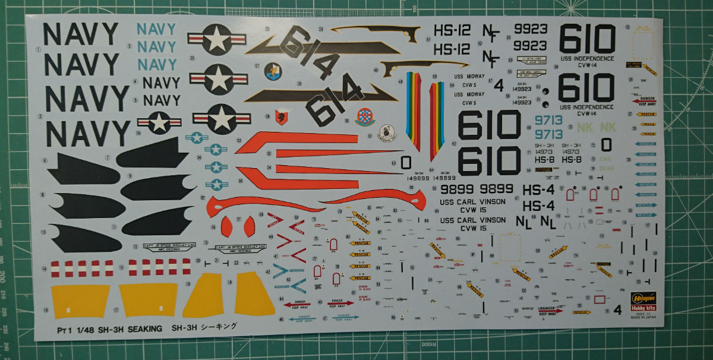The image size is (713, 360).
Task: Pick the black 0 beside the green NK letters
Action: [x=605, y=144]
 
